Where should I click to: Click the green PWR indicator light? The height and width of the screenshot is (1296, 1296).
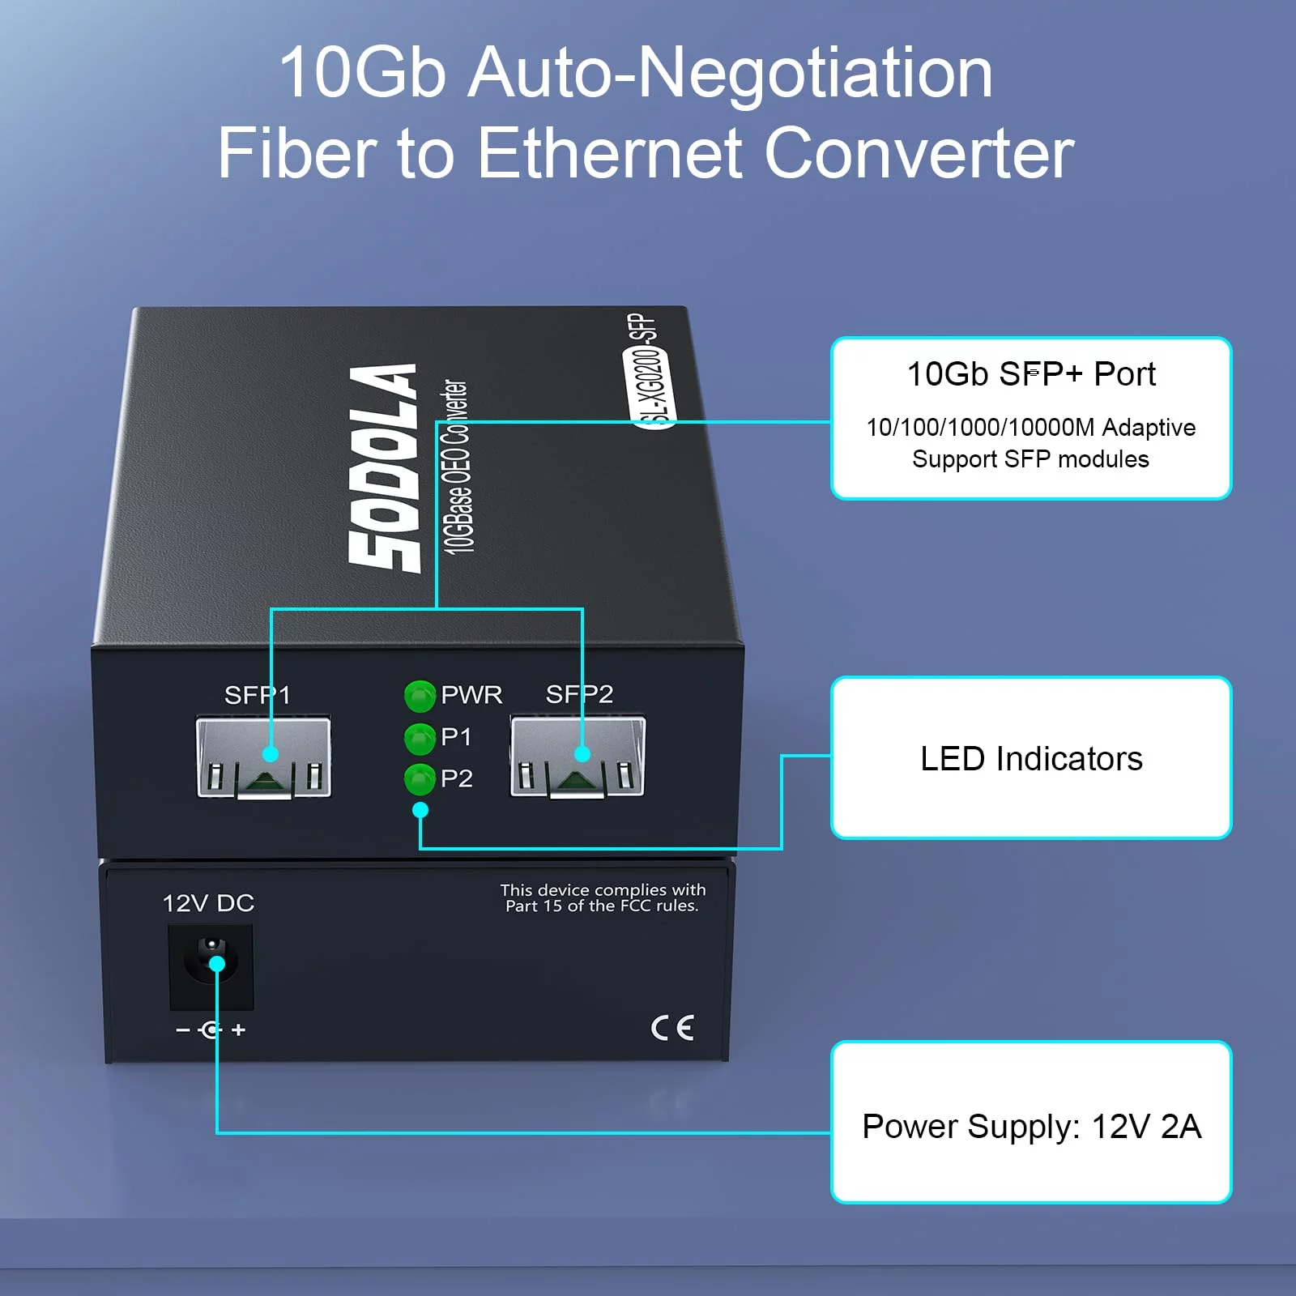coord(420,695)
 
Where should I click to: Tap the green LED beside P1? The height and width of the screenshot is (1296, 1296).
coord(420,737)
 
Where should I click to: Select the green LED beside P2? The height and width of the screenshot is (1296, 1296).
coord(420,778)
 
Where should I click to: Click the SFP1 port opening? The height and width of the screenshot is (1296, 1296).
coord(264,757)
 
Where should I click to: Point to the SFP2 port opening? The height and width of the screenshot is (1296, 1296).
coord(578,757)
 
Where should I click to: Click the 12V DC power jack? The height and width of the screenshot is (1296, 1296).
coord(211,967)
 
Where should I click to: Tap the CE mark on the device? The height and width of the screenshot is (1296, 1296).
coord(672,1028)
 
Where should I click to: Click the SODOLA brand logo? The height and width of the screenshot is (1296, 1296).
coord(385,468)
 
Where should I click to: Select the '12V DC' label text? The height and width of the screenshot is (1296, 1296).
coord(208,903)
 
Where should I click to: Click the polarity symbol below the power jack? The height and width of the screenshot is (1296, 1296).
coord(211,1030)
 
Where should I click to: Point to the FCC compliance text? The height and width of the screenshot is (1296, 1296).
coord(603,897)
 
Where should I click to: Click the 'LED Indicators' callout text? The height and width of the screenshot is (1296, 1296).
coord(1031,759)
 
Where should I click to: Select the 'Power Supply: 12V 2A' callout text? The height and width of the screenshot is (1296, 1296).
coord(1031,1127)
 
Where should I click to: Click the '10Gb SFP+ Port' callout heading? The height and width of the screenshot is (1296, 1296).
coord(1031,374)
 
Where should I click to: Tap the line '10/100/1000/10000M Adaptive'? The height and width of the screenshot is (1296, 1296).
coord(1031,427)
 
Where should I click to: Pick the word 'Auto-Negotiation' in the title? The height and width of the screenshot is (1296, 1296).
coord(731,73)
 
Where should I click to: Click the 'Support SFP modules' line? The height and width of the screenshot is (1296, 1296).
coord(1031,459)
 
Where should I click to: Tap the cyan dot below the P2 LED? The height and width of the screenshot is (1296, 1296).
coord(420,810)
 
